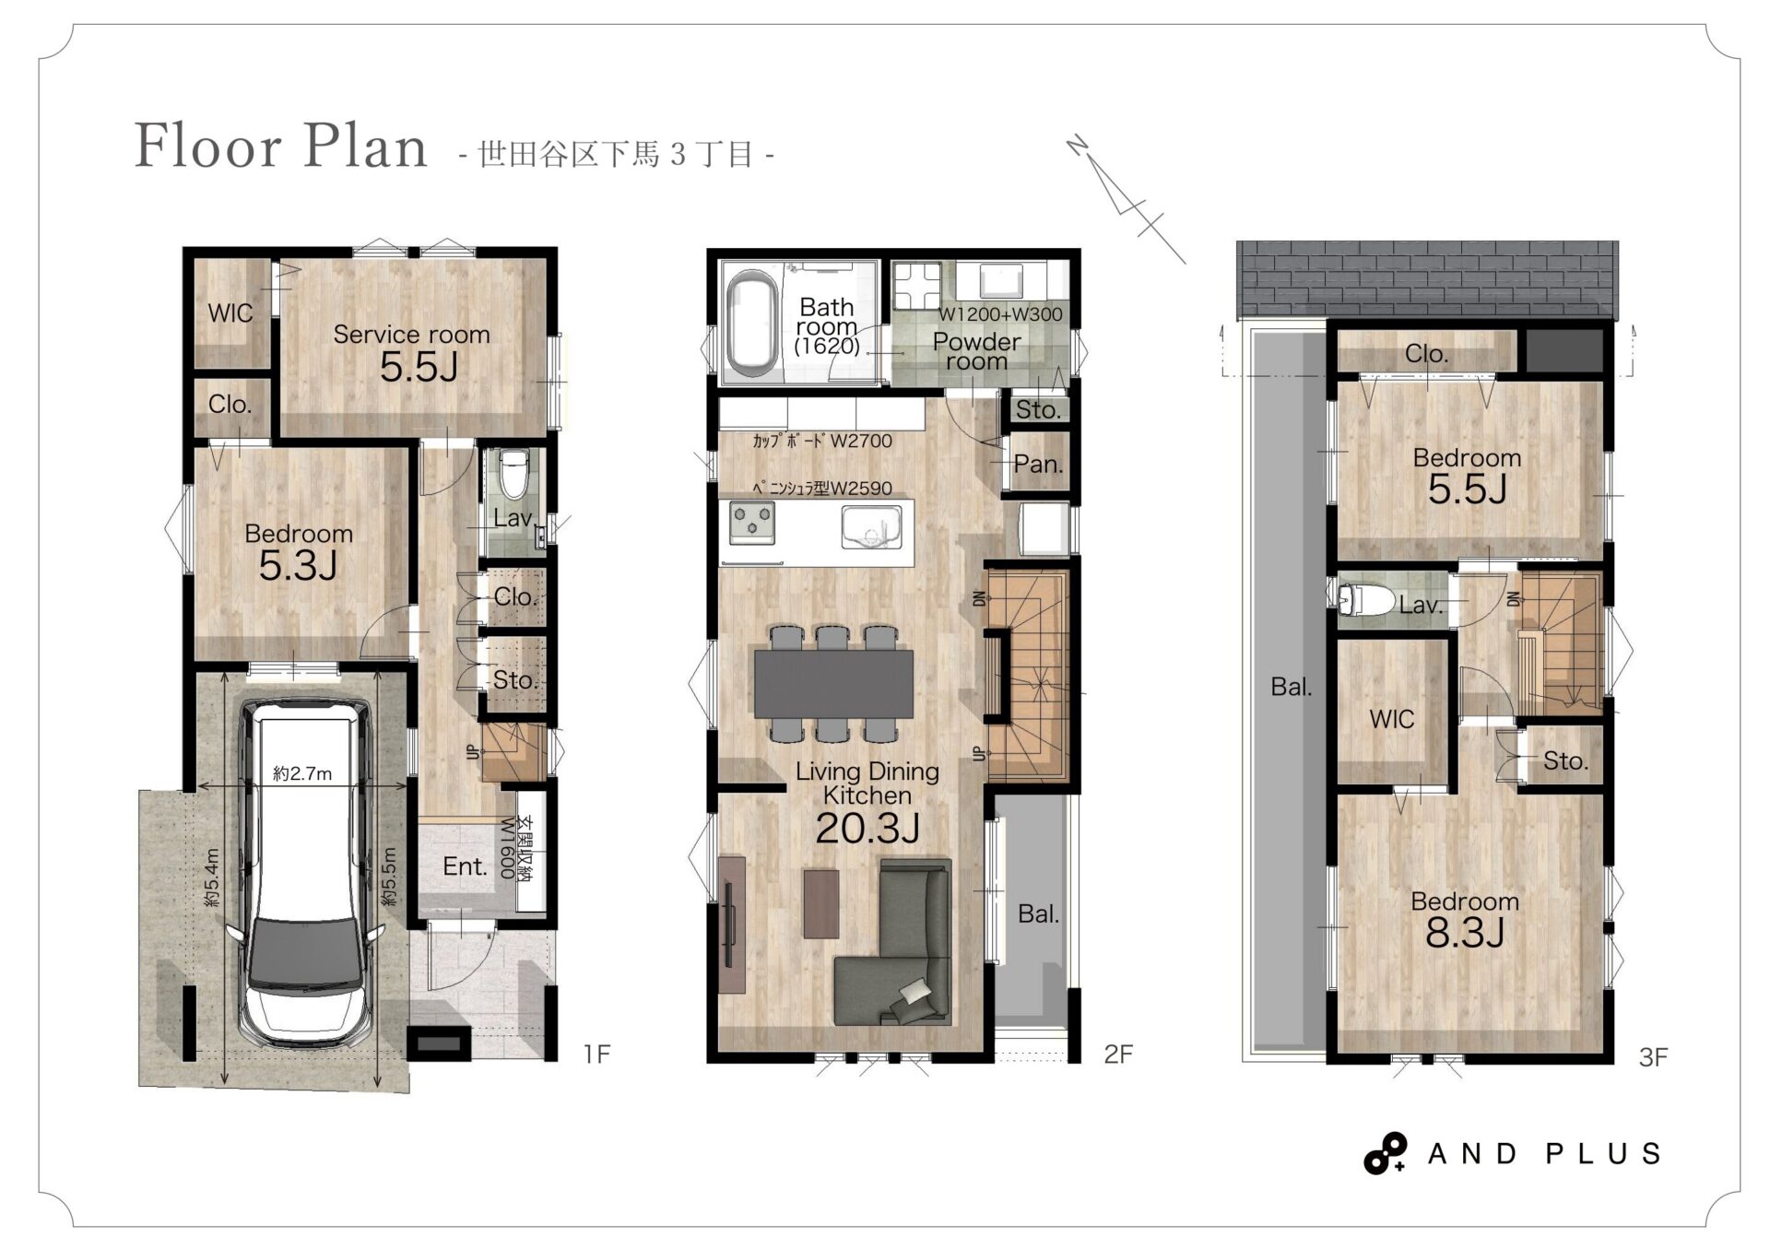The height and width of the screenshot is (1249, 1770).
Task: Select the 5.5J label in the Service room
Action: point(419,368)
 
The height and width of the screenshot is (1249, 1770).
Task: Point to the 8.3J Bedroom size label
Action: point(1465,934)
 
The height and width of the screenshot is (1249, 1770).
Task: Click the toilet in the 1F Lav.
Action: point(513,473)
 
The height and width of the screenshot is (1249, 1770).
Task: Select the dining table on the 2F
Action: point(833,683)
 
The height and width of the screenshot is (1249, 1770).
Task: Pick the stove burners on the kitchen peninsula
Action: point(752,523)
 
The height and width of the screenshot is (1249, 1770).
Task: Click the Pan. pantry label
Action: point(1038,464)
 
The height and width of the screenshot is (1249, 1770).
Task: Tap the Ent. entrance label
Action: point(465,866)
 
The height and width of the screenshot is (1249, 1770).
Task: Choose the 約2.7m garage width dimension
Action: point(302,773)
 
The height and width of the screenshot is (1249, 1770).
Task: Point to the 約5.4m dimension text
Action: point(212,877)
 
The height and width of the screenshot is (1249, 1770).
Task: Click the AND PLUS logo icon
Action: point(1386,1153)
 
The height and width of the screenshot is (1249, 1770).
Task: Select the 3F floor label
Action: point(1653,1056)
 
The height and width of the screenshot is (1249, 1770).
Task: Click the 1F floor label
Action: point(596,1053)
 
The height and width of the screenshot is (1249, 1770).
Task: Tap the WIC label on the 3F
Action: point(1391,719)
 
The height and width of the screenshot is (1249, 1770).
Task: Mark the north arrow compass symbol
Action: point(1126,199)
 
